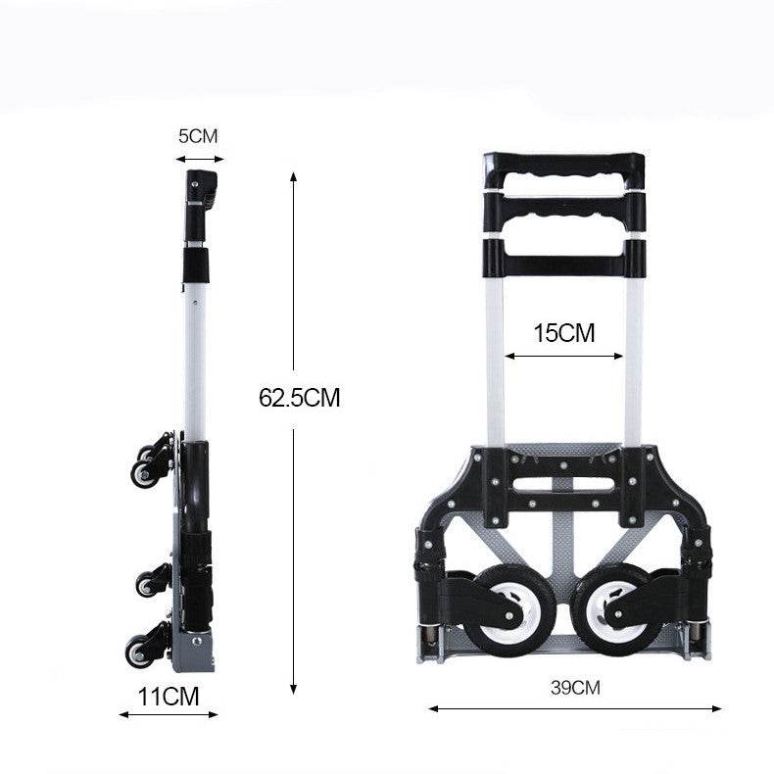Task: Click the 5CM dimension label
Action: [198, 136]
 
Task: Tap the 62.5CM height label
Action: [300, 398]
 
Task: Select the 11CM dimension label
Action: [169, 697]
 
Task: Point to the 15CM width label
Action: [564, 333]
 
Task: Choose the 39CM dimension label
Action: [575, 688]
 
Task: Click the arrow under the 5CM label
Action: [200, 159]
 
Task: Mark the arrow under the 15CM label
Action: [564, 356]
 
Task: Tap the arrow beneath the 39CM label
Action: [575, 708]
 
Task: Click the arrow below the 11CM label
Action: [169, 714]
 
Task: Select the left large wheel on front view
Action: [508, 610]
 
